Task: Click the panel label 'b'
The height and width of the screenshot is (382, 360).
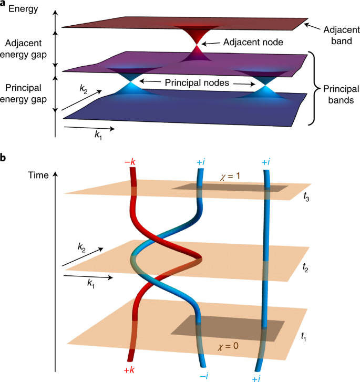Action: click(x=4, y=157)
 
